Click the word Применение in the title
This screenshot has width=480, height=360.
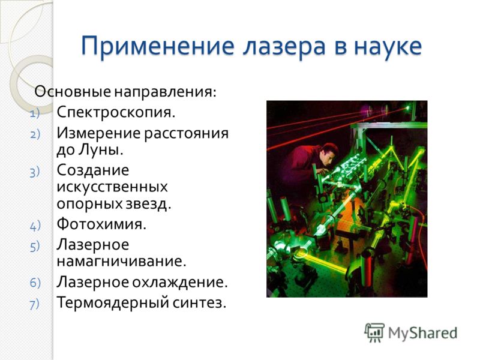pyautogui.click(x=158, y=47)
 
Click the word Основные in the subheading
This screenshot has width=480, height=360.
pyautogui.click(x=73, y=92)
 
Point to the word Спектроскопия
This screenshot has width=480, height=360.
pyautogui.click(x=116, y=113)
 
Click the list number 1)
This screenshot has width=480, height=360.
pyautogui.click(x=35, y=114)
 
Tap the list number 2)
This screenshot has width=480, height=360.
pyautogui.click(x=35, y=134)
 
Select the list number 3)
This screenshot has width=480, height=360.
pyautogui.click(x=35, y=172)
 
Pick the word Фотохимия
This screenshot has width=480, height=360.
pyautogui.click(x=101, y=224)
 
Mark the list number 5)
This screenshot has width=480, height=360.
pyautogui.click(x=35, y=247)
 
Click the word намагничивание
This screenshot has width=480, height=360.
pyautogui.click(x=122, y=262)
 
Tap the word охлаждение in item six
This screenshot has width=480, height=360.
pyautogui.click(x=180, y=282)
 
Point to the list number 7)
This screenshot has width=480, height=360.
pyautogui.click(x=35, y=304)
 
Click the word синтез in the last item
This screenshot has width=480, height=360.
pyautogui.click(x=199, y=303)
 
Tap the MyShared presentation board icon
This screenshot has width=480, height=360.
pyautogui.click(x=374, y=332)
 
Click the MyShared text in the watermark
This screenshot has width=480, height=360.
pyautogui.click(x=423, y=334)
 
